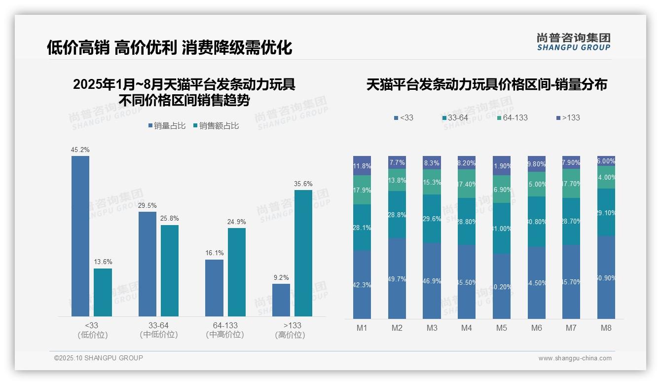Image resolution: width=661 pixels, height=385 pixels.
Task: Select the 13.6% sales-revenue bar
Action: click(x=103, y=292)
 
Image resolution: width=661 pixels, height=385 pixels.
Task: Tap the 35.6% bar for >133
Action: click(x=303, y=253)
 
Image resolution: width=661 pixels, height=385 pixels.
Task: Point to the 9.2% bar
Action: click(x=281, y=300)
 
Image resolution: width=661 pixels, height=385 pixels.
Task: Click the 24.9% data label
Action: click(x=236, y=222)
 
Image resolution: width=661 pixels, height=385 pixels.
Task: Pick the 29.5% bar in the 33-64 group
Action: click(x=147, y=264)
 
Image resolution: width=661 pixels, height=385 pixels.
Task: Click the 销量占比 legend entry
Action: click(x=167, y=126)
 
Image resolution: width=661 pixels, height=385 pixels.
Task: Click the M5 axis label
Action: click(x=501, y=328)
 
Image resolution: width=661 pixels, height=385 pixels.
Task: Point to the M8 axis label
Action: click(x=606, y=328)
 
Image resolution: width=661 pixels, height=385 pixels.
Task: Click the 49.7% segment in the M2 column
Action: click(x=397, y=278)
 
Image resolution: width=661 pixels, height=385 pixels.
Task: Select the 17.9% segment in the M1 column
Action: click(x=362, y=190)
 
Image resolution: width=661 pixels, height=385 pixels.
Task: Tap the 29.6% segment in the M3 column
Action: click(x=432, y=219)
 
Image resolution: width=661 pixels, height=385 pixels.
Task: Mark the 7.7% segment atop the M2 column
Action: click(x=397, y=162)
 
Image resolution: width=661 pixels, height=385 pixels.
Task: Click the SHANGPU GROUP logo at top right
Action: click(x=573, y=42)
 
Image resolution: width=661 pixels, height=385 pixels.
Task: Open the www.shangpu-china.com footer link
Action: click(x=575, y=358)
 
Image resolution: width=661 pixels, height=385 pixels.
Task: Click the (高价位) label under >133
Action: click(x=290, y=335)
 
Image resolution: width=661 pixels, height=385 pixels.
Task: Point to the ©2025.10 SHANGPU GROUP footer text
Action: click(x=99, y=358)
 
